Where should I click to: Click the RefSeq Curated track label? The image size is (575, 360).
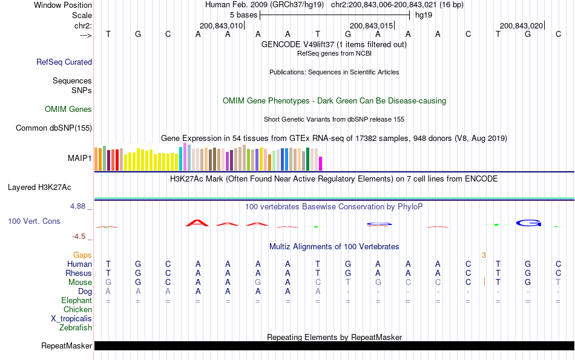64,62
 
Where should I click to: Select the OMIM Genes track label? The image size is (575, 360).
68,110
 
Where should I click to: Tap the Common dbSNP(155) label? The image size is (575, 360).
54,128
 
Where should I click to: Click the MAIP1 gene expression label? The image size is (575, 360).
80,159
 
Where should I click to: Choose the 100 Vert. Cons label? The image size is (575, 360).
34,221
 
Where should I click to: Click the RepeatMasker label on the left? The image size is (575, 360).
67,346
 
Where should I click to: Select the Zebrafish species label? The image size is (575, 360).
76,328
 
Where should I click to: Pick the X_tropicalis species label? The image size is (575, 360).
71,319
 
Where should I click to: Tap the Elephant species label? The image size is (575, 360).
76,301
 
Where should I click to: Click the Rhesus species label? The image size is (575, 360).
79,273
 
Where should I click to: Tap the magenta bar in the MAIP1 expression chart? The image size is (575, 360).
321,164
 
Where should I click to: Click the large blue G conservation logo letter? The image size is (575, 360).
528,223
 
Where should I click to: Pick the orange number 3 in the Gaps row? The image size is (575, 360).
484,255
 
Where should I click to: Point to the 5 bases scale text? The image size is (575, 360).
243,15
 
